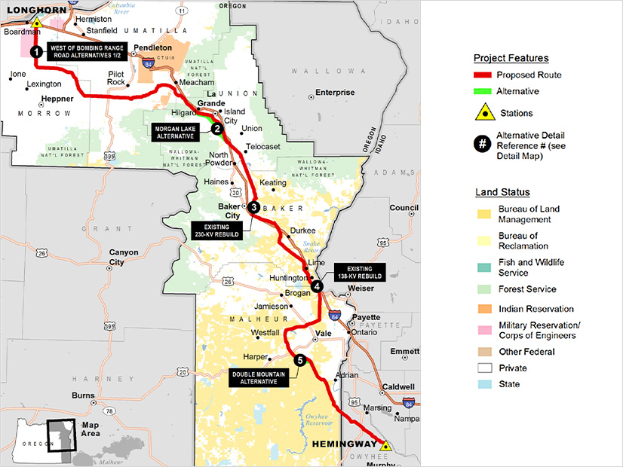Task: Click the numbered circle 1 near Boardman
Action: tap(35, 51)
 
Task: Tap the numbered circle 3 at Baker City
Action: tap(254, 207)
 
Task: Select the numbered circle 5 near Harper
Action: tap(300, 361)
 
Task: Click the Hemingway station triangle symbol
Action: tap(385, 445)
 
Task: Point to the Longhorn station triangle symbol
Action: tap(35, 23)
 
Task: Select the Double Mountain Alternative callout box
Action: tap(260, 377)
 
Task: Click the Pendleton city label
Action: tap(153, 47)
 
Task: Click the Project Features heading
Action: tap(511, 58)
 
